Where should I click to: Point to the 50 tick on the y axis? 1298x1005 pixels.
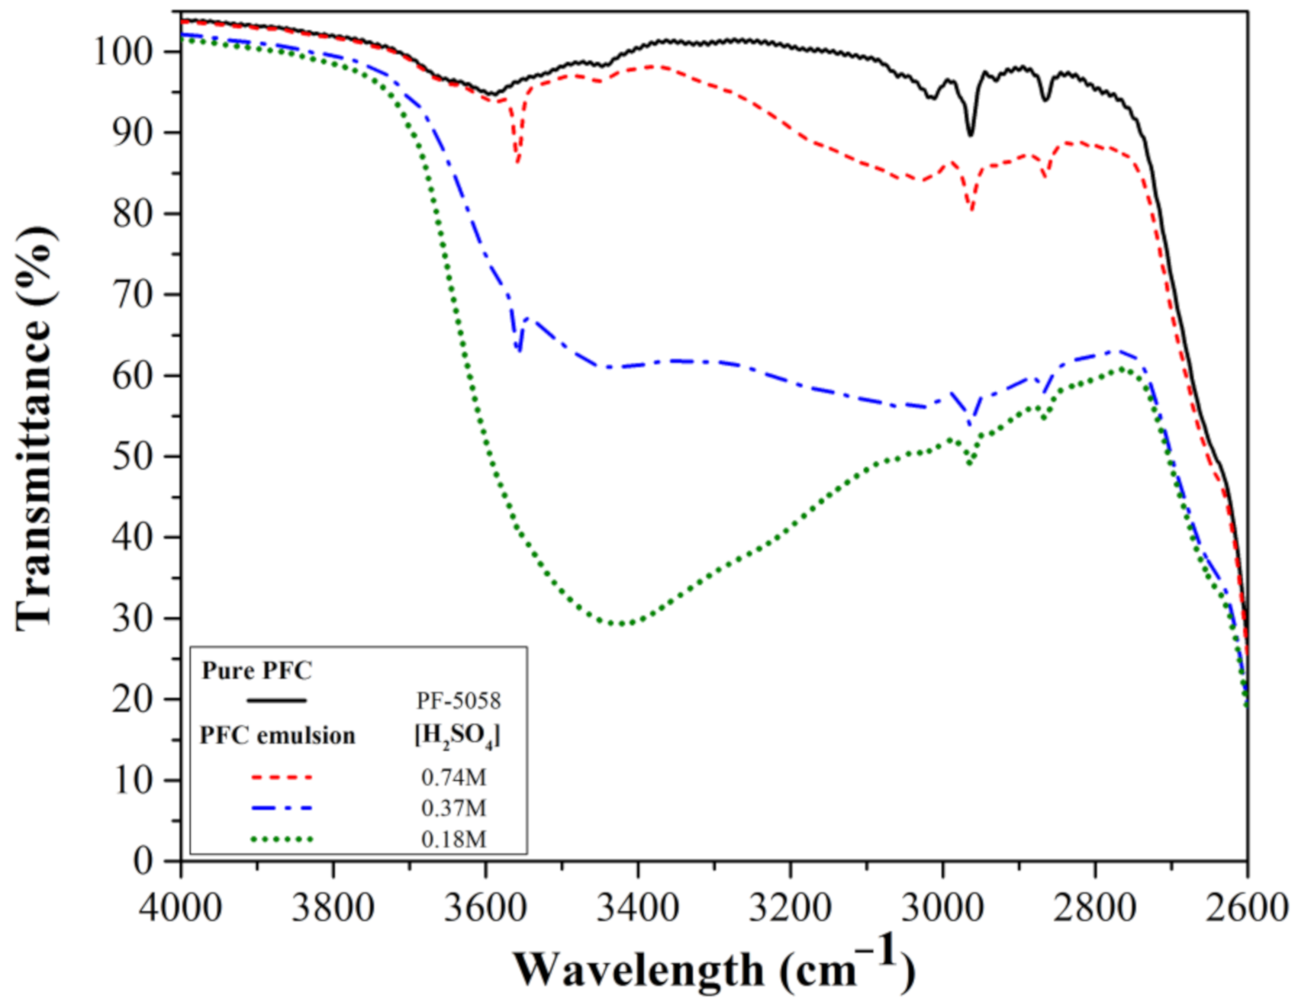[133, 457]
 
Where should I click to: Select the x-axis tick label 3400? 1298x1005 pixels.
[638, 909]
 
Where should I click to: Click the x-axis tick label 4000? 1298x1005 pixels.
[181, 909]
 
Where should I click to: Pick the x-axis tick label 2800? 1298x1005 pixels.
[1095, 909]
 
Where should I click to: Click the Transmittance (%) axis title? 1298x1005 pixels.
[34, 427]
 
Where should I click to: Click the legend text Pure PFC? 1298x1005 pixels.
[257, 671]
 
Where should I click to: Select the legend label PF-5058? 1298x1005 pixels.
[458, 701]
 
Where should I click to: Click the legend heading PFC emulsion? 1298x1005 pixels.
[278, 736]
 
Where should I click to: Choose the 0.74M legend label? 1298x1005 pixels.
[453, 778]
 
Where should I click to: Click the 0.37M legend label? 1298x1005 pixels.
[453, 808]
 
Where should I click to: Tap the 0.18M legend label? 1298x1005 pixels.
[453, 840]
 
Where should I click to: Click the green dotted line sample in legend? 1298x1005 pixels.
[282, 840]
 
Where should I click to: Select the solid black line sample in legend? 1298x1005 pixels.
[276, 701]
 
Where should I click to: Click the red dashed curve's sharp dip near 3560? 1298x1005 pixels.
[517, 162]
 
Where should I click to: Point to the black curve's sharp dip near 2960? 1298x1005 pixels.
[971, 135]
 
